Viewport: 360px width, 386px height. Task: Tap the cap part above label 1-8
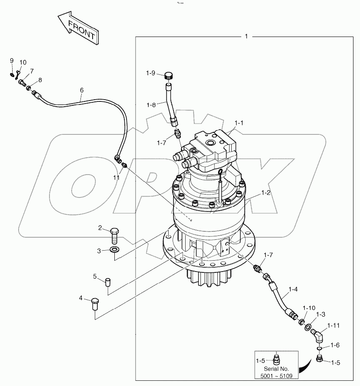click(x=169, y=76)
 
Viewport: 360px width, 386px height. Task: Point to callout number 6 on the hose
click(x=81, y=90)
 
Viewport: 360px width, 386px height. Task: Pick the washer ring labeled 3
click(x=115, y=250)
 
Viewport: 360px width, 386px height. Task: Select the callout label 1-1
click(x=240, y=124)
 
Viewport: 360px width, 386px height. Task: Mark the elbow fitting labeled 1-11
click(x=319, y=336)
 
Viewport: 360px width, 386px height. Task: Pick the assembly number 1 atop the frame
click(x=246, y=37)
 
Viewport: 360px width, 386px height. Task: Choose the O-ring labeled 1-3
click(x=308, y=327)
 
